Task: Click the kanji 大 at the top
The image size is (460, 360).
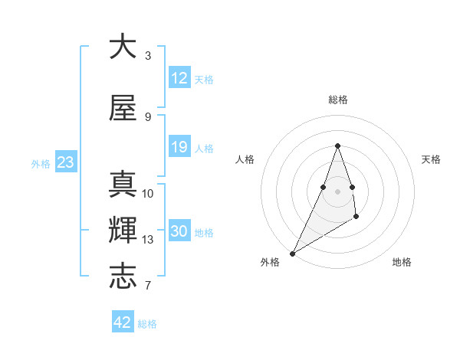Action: pos(123,47)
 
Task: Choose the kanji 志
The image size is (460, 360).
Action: pos(123,277)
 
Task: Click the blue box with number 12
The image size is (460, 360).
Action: pos(179,78)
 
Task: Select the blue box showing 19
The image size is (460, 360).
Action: pos(179,148)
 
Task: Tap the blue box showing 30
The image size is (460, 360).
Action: pos(179,232)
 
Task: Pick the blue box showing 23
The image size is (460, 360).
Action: pos(65,162)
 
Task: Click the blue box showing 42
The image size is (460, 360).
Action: pos(122,322)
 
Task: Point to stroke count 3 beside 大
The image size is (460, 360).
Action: pos(147,56)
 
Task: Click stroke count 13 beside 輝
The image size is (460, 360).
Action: pos(148,240)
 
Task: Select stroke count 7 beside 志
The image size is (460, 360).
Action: pos(147,286)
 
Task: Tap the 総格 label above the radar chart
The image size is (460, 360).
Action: pos(337,100)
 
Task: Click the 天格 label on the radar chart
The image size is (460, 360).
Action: pos(431,159)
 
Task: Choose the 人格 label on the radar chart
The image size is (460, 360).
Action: pos(245,159)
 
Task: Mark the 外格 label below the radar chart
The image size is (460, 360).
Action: pos(269,262)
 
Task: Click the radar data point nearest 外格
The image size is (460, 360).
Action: pos(292,253)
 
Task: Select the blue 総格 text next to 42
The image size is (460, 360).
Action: pos(147,324)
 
